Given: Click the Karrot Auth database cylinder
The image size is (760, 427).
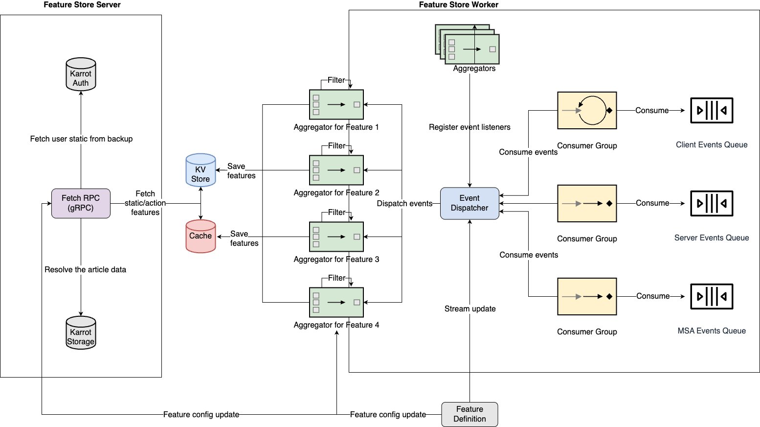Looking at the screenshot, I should point(81,74).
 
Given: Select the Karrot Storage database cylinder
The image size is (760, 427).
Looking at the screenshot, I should point(81,332).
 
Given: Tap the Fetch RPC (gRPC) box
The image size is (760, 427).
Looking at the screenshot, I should point(81,203).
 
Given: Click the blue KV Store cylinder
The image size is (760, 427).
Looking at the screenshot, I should point(201,170).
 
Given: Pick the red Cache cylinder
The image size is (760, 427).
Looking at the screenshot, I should point(201,237).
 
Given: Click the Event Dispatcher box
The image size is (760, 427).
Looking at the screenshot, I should point(469,203).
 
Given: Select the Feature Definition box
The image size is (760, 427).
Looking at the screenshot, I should point(469,414).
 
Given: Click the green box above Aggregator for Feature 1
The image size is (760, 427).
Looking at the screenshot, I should point(336,104).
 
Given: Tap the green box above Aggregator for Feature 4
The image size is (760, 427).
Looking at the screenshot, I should point(336,302).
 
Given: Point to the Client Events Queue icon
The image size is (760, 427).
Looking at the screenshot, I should point(712,110).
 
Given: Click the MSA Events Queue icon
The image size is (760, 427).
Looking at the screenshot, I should point(712,296).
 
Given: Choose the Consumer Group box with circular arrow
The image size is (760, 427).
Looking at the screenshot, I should point(587,110).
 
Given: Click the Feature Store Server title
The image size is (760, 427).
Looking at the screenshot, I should point(82,5).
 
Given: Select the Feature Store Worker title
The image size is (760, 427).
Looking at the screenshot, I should point(459,5).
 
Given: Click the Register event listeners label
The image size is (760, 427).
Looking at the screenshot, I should point(469,127).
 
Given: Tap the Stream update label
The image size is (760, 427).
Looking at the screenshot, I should point(470,309).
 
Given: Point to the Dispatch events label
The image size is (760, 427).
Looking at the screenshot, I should point(404,204).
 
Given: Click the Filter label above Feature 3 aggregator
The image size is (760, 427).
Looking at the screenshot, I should point(336,212).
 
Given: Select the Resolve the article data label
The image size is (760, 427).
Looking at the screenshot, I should point(86,270).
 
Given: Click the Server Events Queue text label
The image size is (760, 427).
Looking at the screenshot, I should point(712,238).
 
